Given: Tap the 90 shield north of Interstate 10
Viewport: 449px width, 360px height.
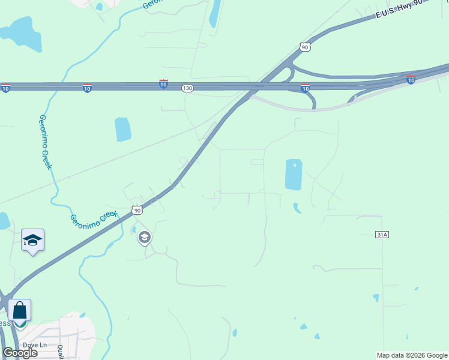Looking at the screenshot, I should pos(305,47).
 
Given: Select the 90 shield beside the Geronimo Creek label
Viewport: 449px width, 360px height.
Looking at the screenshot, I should pos(137,210).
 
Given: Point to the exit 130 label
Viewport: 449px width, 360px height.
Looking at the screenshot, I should pos(188,88).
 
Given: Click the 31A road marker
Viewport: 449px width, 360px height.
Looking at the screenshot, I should pos(382,235).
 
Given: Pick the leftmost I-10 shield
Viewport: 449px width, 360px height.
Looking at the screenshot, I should pos(5,88).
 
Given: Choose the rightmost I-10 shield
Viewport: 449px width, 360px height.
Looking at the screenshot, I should pos(411,79).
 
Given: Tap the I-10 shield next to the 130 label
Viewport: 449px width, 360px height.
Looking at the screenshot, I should pos(163,85).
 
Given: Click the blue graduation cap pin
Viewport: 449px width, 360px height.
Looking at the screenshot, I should pos(32,241).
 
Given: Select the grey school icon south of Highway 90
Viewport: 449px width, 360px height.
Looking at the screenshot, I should pos(144,238).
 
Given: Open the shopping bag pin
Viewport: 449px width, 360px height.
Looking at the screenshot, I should pos(19,311).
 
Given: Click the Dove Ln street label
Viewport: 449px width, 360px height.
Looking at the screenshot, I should pos(35,345).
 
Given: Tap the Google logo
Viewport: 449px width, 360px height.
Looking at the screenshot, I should pos(20,353).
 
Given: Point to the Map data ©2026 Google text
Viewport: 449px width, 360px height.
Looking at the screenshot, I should pos(412,355).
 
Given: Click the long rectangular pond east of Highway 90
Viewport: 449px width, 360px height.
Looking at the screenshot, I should pos(294,175).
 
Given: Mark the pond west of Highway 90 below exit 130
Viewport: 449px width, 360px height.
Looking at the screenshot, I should pos(123,129).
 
